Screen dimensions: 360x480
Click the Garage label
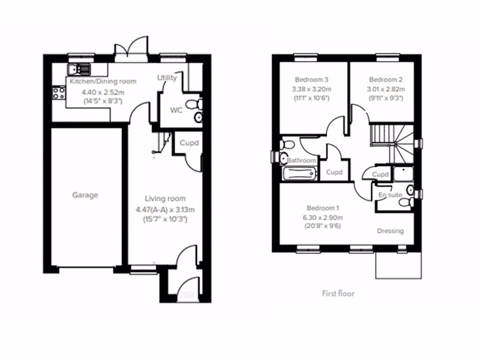[85, 195]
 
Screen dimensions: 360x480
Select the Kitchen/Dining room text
[103, 82]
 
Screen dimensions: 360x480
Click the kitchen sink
[78, 70]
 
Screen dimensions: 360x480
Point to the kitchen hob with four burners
[59, 93]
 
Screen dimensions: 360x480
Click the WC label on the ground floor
[176, 111]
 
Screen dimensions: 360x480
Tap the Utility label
[167, 78]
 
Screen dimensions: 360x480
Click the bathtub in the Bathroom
[299, 173]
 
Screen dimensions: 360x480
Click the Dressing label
[390, 231]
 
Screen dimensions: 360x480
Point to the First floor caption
[338, 293]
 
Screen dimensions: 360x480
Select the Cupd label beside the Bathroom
[334, 172]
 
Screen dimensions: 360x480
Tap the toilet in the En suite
[406, 202]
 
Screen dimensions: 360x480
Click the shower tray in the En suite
[403, 173]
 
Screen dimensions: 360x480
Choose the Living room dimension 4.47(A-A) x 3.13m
[161, 210]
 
